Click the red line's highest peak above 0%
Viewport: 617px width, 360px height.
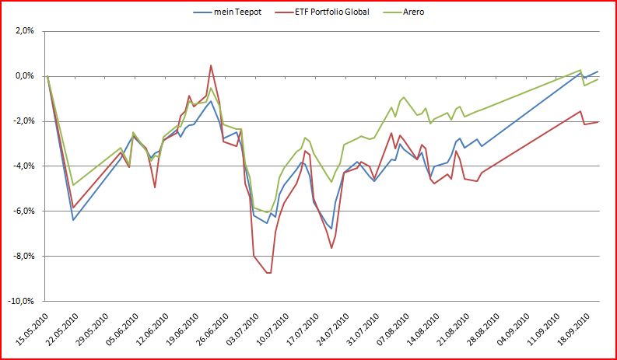click(211, 65)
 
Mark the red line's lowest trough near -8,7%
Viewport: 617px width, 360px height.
click(268, 273)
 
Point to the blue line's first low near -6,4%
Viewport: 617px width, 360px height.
click(74, 220)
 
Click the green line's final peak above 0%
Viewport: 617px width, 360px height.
click(580, 69)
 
